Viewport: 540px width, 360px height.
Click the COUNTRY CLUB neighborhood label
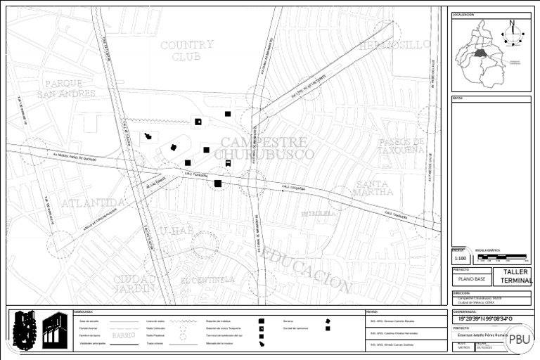tap(186, 51)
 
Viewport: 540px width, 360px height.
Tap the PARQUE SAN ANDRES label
tap(66, 89)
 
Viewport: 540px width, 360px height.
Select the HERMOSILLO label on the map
tap(394, 45)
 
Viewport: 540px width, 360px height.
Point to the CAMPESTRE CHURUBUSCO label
tap(264, 148)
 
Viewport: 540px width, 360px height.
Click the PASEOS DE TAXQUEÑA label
tap(401, 146)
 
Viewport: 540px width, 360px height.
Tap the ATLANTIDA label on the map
tap(93, 203)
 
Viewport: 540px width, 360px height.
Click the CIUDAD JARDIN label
tap(134, 283)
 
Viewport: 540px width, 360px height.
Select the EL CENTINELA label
tap(207, 280)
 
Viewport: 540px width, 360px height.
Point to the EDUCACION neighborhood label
tap(310, 270)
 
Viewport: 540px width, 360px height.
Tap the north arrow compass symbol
tap(513, 33)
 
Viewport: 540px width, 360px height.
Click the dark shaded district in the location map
tap(480, 53)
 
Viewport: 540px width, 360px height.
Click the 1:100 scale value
tap(458, 259)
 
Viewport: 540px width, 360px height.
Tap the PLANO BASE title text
tap(472, 279)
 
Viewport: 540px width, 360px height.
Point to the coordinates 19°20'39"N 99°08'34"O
tap(482, 319)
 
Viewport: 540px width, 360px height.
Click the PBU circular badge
tap(520, 338)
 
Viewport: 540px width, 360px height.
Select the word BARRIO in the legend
tap(124, 335)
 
